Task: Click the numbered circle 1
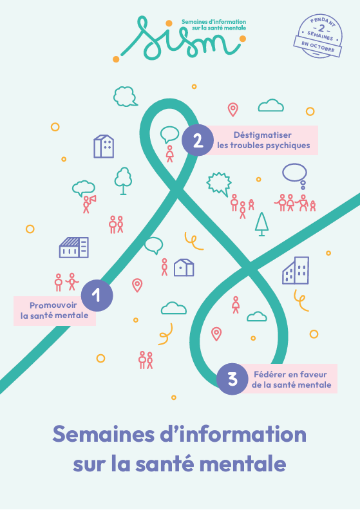[x=97, y=296]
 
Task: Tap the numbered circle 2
[x=198, y=140]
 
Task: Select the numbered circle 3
[x=232, y=379]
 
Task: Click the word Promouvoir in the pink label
[x=53, y=305]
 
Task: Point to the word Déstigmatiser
[x=263, y=135]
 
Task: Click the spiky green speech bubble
[x=219, y=184]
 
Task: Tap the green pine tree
[x=261, y=224]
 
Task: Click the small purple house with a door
[x=184, y=267]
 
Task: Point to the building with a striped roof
[x=74, y=247]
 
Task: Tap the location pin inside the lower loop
[x=216, y=334]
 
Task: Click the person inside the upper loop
[x=169, y=154]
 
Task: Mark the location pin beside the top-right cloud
[x=233, y=109]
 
